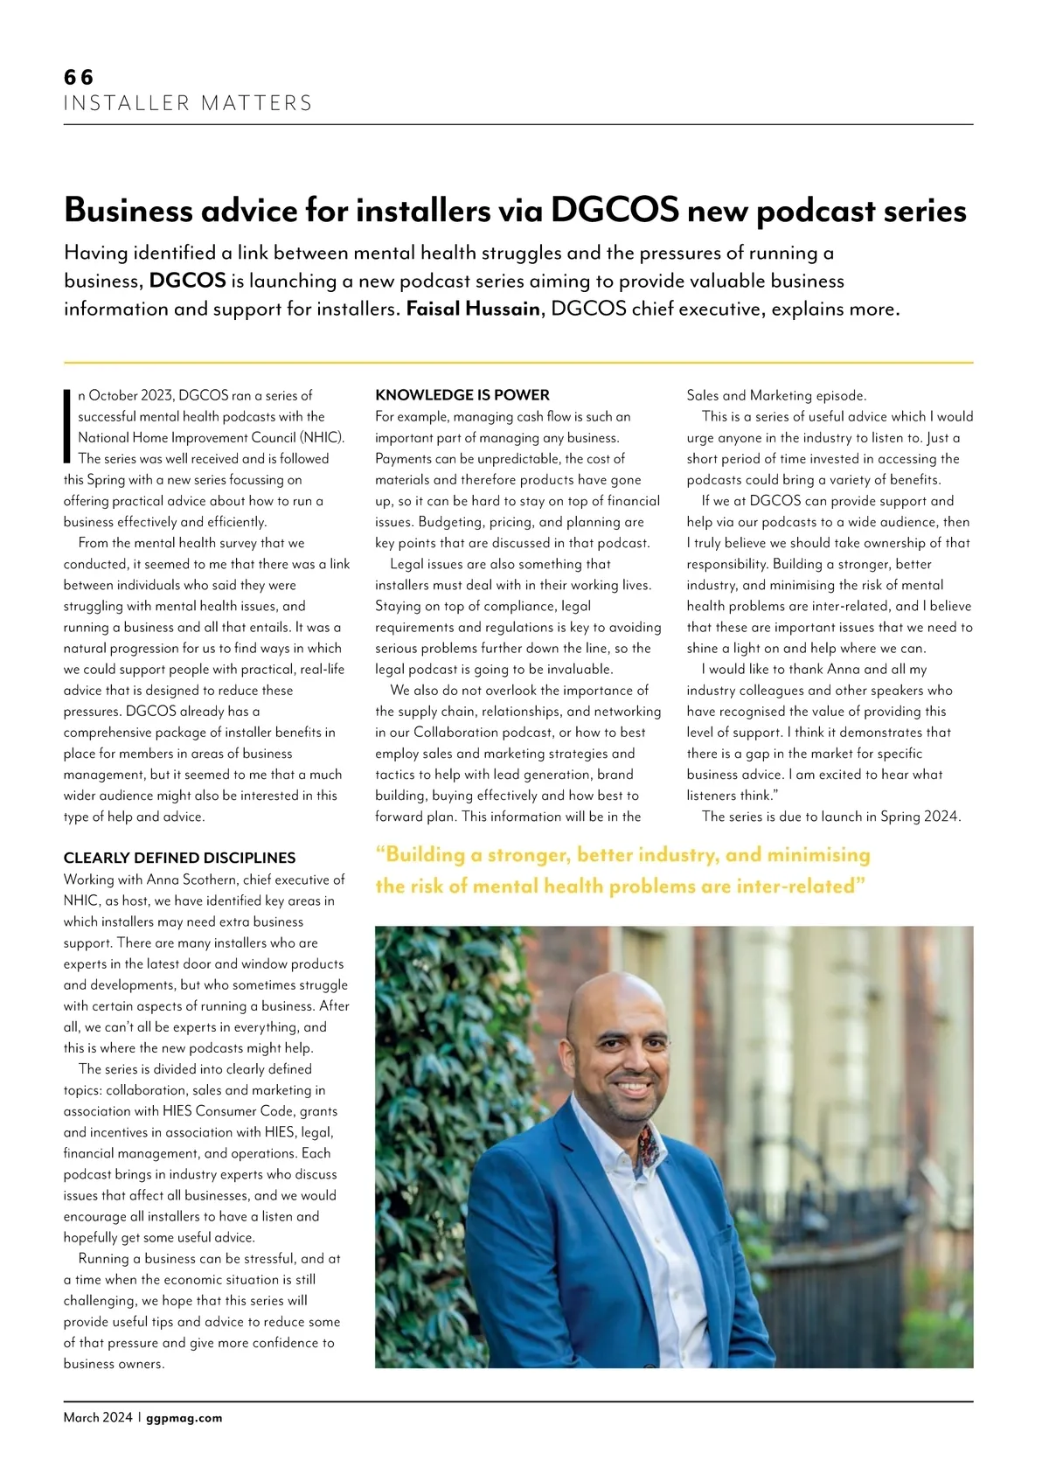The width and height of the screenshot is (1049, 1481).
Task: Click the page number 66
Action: pyautogui.click(x=79, y=77)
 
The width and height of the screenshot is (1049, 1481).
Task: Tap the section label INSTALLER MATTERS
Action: pyautogui.click(x=188, y=103)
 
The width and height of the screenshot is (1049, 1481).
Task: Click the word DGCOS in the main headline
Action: pyautogui.click(x=615, y=211)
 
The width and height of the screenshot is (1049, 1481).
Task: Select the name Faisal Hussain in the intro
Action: pyautogui.click(x=473, y=309)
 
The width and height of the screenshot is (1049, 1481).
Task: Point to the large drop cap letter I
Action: pyautogui.click(x=67, y=426)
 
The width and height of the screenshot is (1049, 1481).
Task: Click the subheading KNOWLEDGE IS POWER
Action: pyautogui.click(x=462, y=395)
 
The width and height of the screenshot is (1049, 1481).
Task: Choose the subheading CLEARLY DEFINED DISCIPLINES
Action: pyautogui.click(x=179, y=858)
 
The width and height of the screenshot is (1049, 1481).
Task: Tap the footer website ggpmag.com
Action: pyautogui.click(x=184, y=1418)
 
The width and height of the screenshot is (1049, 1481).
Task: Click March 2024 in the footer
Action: pyautogui.click(x=98, y=1418)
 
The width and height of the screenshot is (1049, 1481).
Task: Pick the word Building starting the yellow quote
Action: pyautogui.click(x=434, y=854)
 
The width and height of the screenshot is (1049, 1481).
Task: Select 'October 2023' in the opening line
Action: pyautogui.click(x=130, y=395)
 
